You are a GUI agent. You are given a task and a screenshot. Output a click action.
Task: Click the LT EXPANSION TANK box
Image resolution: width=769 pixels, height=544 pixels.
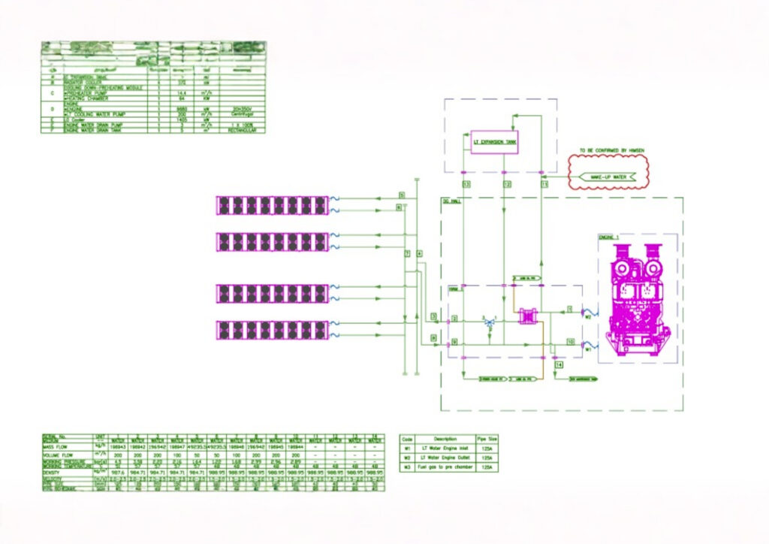click(495, 141)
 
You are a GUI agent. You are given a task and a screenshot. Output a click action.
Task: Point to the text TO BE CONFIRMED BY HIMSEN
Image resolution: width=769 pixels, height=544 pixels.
click(611, 151)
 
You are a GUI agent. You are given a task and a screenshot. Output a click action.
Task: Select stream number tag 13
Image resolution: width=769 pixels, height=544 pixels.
click(466, 183)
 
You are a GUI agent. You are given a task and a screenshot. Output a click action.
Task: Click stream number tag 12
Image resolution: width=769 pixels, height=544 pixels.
click(507, 183)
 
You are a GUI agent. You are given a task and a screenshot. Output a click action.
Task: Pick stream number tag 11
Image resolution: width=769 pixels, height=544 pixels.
click(544, 183)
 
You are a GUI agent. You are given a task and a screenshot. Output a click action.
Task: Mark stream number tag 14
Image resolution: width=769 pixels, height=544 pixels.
click(559, 364)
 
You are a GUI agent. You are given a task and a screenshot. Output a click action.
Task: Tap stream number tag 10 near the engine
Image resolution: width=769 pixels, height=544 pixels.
click(571, 343)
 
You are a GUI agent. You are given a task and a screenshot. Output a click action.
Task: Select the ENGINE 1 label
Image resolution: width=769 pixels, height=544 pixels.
click(609, 237)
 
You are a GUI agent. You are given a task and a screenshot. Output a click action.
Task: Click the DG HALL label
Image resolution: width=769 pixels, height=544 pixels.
click(451, 203)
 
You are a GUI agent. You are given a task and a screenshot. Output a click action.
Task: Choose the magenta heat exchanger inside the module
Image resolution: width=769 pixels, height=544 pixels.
click(530, 318)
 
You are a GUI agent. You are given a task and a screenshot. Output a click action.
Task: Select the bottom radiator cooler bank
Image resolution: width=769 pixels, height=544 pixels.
click(273, 329)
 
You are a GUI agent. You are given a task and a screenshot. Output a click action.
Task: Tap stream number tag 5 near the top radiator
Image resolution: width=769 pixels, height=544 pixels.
click(401, 196)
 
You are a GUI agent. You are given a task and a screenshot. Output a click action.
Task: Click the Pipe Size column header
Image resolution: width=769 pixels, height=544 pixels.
click(487, 438)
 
